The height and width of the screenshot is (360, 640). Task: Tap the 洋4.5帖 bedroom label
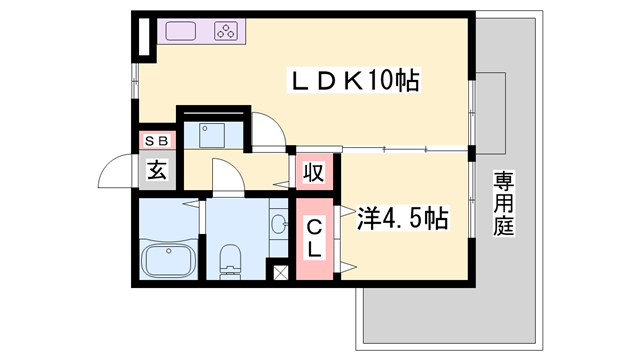click(x=402, y=216)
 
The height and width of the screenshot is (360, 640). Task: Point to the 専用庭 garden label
click(x=502, y=204)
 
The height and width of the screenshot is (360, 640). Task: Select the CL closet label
click(x=314, y=238)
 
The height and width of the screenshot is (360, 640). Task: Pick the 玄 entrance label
click(x=158, y=169)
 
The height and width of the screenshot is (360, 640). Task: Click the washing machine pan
click(x=212, y=133)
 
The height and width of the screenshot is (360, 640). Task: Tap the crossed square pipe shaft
click(x=280, y=271)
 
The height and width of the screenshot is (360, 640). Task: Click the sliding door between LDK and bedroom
click(x=404, y=150)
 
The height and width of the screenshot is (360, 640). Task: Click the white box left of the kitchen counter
click(x=144, y=38)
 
